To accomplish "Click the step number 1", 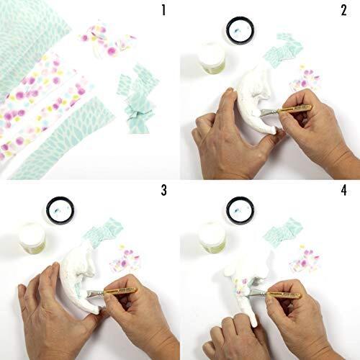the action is tap(163, 10).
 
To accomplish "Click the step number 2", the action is tap(343, 10).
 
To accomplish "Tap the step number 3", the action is tap(163, 190).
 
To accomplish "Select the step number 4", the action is tap(344, 190).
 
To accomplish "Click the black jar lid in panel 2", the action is tap(240, 30).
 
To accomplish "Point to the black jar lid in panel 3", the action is tap(60, 210).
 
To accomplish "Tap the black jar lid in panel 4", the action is tap(240, 210).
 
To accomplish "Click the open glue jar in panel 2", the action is tap(212, 58).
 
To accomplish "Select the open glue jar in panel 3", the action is tap(32, 238).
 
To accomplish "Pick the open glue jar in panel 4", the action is tap(212, 238).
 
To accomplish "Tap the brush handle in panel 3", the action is tap(120, 291).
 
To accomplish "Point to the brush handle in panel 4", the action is tap(284, 294).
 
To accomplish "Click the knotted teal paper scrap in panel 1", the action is tap(138, 99).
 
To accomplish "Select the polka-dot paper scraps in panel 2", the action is tap(305, 79).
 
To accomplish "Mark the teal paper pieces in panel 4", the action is tap(283, 232).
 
